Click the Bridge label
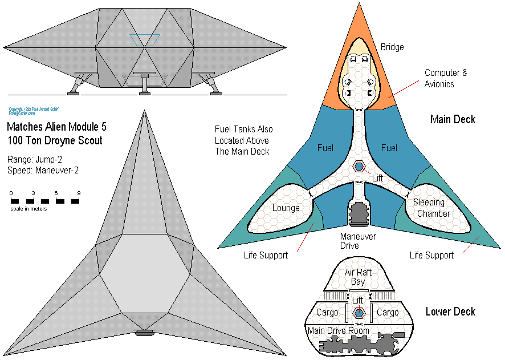(392, 47)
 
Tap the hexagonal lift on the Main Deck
(359, 167)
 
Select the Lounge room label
(286, 208)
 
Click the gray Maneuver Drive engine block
(359, 213)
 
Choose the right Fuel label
(389, 148)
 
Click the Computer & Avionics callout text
(446, 79)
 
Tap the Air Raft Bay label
(358, 277)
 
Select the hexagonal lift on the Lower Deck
(359, 313)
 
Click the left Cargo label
(327, 313)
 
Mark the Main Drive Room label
(339, 331)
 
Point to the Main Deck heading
(453, 119)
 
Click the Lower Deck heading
(450, 312)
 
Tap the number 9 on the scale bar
(79, 193)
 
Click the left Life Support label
(266, 255)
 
